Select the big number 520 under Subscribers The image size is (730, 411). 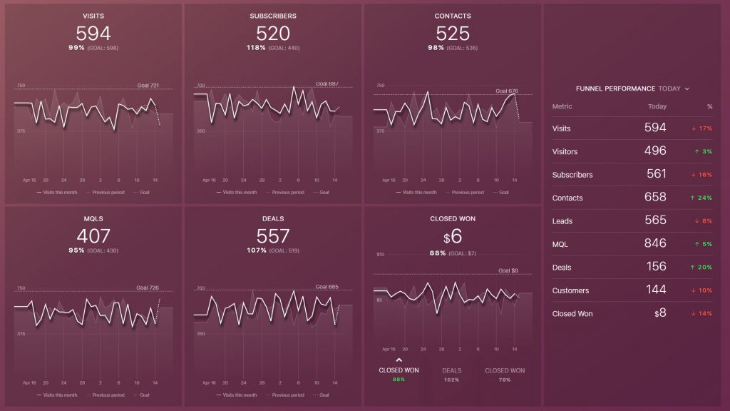(273, 34)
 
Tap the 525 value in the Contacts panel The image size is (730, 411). (453, 34)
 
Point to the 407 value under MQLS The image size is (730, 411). (93, 235)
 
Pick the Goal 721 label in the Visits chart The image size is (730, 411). (148, 86)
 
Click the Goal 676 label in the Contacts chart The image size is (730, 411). (507, 91)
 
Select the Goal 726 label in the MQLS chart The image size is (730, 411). (148, 288)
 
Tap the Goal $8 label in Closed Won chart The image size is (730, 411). (508, 270)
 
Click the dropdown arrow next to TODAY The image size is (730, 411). (687, 89)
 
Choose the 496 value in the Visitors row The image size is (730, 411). (654, 151)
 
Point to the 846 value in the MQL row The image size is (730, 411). (654, 243)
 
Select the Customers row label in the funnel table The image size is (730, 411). (570, 290)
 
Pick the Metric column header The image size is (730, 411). (562, 106)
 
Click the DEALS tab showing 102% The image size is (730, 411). (452, 375)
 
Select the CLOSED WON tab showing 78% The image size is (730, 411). (505, 375)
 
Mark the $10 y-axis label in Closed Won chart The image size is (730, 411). (380, 255)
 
